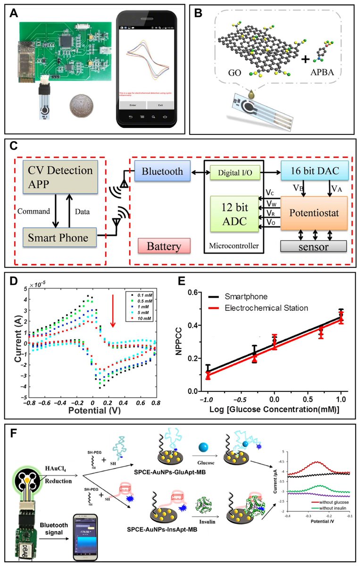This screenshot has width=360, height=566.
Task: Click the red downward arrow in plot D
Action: [112, 312]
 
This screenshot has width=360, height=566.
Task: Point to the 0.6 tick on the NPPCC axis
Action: [192, 293]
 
